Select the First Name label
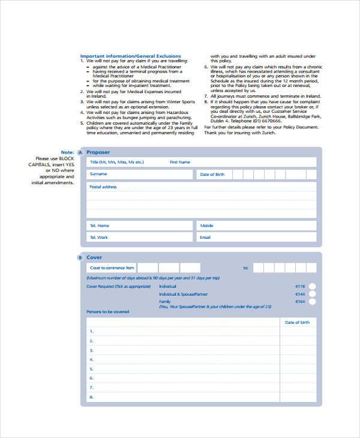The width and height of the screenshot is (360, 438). pos(179,162)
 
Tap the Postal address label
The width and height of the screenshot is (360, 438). pos(103,187)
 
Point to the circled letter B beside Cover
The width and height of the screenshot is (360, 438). pos(80,258)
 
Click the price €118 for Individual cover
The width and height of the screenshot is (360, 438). pos(300,286)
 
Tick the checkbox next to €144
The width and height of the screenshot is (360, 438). pos(311,295)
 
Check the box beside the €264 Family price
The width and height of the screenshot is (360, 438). pos(311,303)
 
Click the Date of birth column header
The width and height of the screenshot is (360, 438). pos(297,322)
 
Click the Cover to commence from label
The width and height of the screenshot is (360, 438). pos(112,268)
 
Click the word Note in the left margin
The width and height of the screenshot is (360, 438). pos(67,152)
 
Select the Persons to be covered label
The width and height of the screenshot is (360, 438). pos(107,312)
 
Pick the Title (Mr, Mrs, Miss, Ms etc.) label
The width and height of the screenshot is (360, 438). pos(116,162)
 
